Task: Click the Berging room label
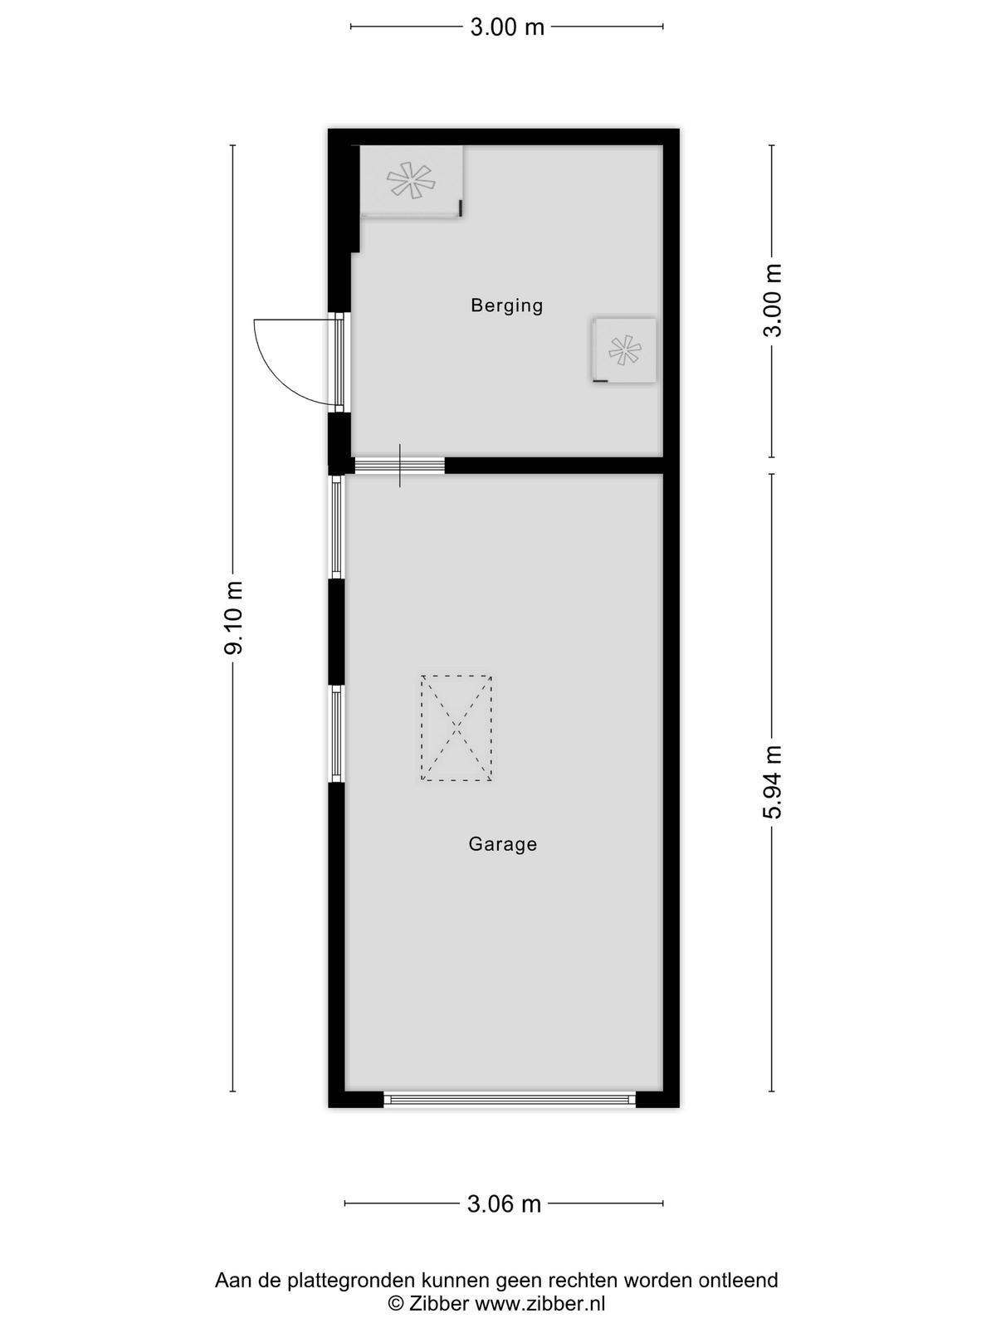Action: tap(507, 305)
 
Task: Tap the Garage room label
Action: tap(502, 844)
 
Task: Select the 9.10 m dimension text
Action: tap(233, 618)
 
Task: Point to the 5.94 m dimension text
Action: tap(772, 782)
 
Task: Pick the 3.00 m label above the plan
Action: tap(507, 27)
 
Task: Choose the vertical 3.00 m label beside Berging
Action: tap(772, 300)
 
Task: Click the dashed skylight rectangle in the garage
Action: tap(456, 728)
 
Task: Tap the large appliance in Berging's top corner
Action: tap(412, 182)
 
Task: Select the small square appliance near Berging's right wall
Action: tap(625, 350)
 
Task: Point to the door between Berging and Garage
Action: tap(399, 466)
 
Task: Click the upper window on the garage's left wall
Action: tap(336, 527)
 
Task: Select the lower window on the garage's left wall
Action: tap(336, 734)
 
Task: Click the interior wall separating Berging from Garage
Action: tap(554, 466)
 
